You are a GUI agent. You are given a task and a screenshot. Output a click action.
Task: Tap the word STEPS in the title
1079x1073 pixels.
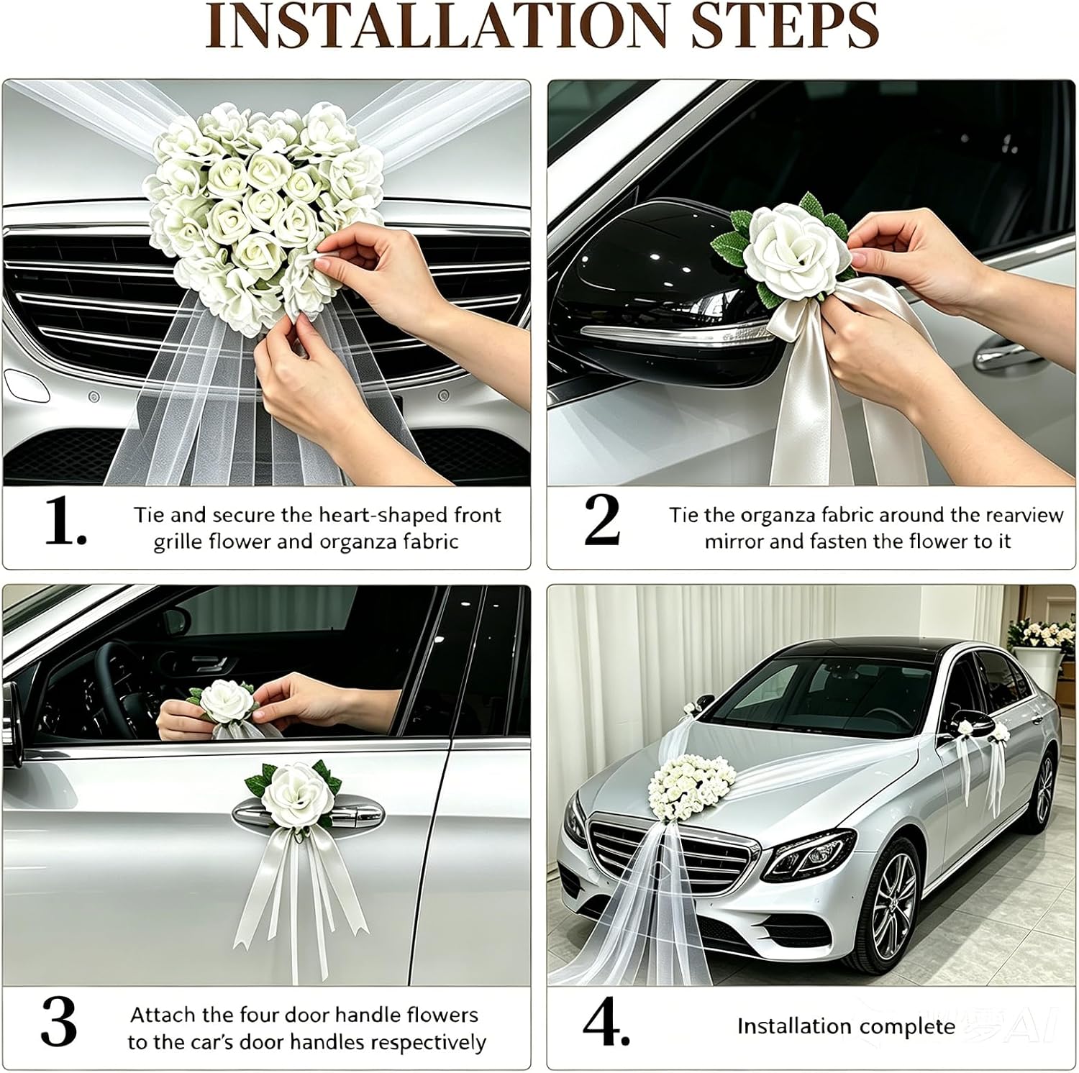[x=783, y=27]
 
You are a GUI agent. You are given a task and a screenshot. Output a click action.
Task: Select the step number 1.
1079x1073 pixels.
[x=65, y=521]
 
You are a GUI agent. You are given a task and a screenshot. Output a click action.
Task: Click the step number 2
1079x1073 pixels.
[x=602, y=521]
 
